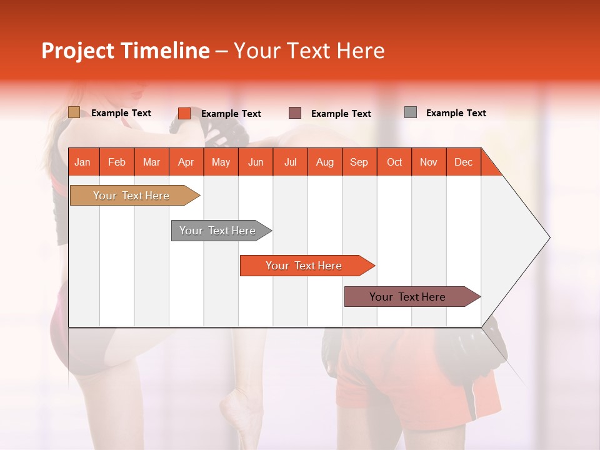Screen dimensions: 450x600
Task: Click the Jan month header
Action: [82, 162]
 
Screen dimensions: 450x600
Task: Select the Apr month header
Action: [186, 162]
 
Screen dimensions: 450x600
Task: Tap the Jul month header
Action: [290, 162]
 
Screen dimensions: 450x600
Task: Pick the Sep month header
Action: [359, 162]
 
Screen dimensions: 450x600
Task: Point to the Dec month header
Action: [463, 162]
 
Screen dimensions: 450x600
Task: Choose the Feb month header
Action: [117, 162]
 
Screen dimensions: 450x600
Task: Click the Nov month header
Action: [428, 162]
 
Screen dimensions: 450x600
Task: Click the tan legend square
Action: [74, 112]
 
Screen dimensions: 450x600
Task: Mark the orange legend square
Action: [184, 113]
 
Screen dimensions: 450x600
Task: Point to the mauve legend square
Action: [295, 113]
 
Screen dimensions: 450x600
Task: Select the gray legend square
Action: [411, 112]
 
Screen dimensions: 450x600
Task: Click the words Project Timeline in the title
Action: [125, 51]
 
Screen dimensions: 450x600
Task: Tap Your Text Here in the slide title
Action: [309, 51]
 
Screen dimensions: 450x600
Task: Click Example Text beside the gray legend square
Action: [456, 113]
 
